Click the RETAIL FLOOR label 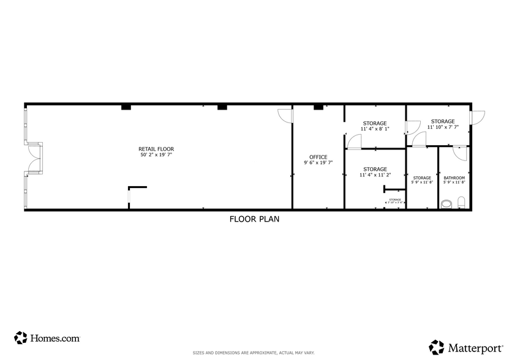[156, 149]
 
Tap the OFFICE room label [318, 157]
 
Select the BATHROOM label [454, 178]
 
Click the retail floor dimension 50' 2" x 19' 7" [156, 155]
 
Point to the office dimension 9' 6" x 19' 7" [318, 163]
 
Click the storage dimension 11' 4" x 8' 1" [374, 129]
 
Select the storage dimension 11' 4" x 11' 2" [374, 175]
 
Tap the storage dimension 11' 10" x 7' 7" [442, 127]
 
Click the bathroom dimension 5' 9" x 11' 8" [454, 182]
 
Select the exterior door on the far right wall [478, 116]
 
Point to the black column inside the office [318, 108]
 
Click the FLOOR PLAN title [254, 219]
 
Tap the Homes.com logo [47, 337]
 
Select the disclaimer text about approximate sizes [254, 353]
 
